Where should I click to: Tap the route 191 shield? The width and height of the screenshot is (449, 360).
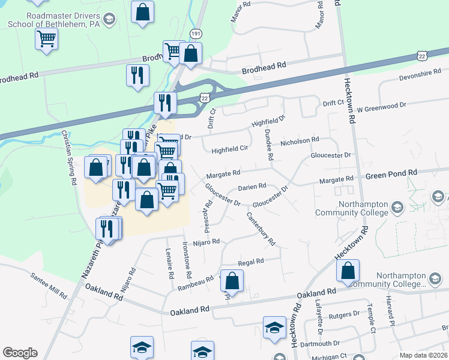tap(196, 33)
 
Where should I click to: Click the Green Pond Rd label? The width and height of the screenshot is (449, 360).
tap(391, 173)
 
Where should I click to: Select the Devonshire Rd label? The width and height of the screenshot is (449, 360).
tap(420, 76)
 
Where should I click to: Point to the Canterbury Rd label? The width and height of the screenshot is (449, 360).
tap(261, 229)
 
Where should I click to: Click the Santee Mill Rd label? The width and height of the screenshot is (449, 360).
tap(49, 284)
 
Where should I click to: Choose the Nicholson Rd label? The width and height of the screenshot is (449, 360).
tap(300, 141)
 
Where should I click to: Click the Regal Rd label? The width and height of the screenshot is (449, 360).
tap(251, 262)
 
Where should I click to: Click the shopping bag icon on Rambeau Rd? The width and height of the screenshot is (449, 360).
tap(232, 280)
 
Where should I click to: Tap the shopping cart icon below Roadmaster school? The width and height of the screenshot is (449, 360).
tap(46, 40)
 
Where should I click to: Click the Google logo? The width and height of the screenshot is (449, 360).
tap(20, 353)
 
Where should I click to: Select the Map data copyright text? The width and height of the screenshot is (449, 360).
tap(423, 355)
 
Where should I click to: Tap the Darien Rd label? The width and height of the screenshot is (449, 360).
tap(252, 187)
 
